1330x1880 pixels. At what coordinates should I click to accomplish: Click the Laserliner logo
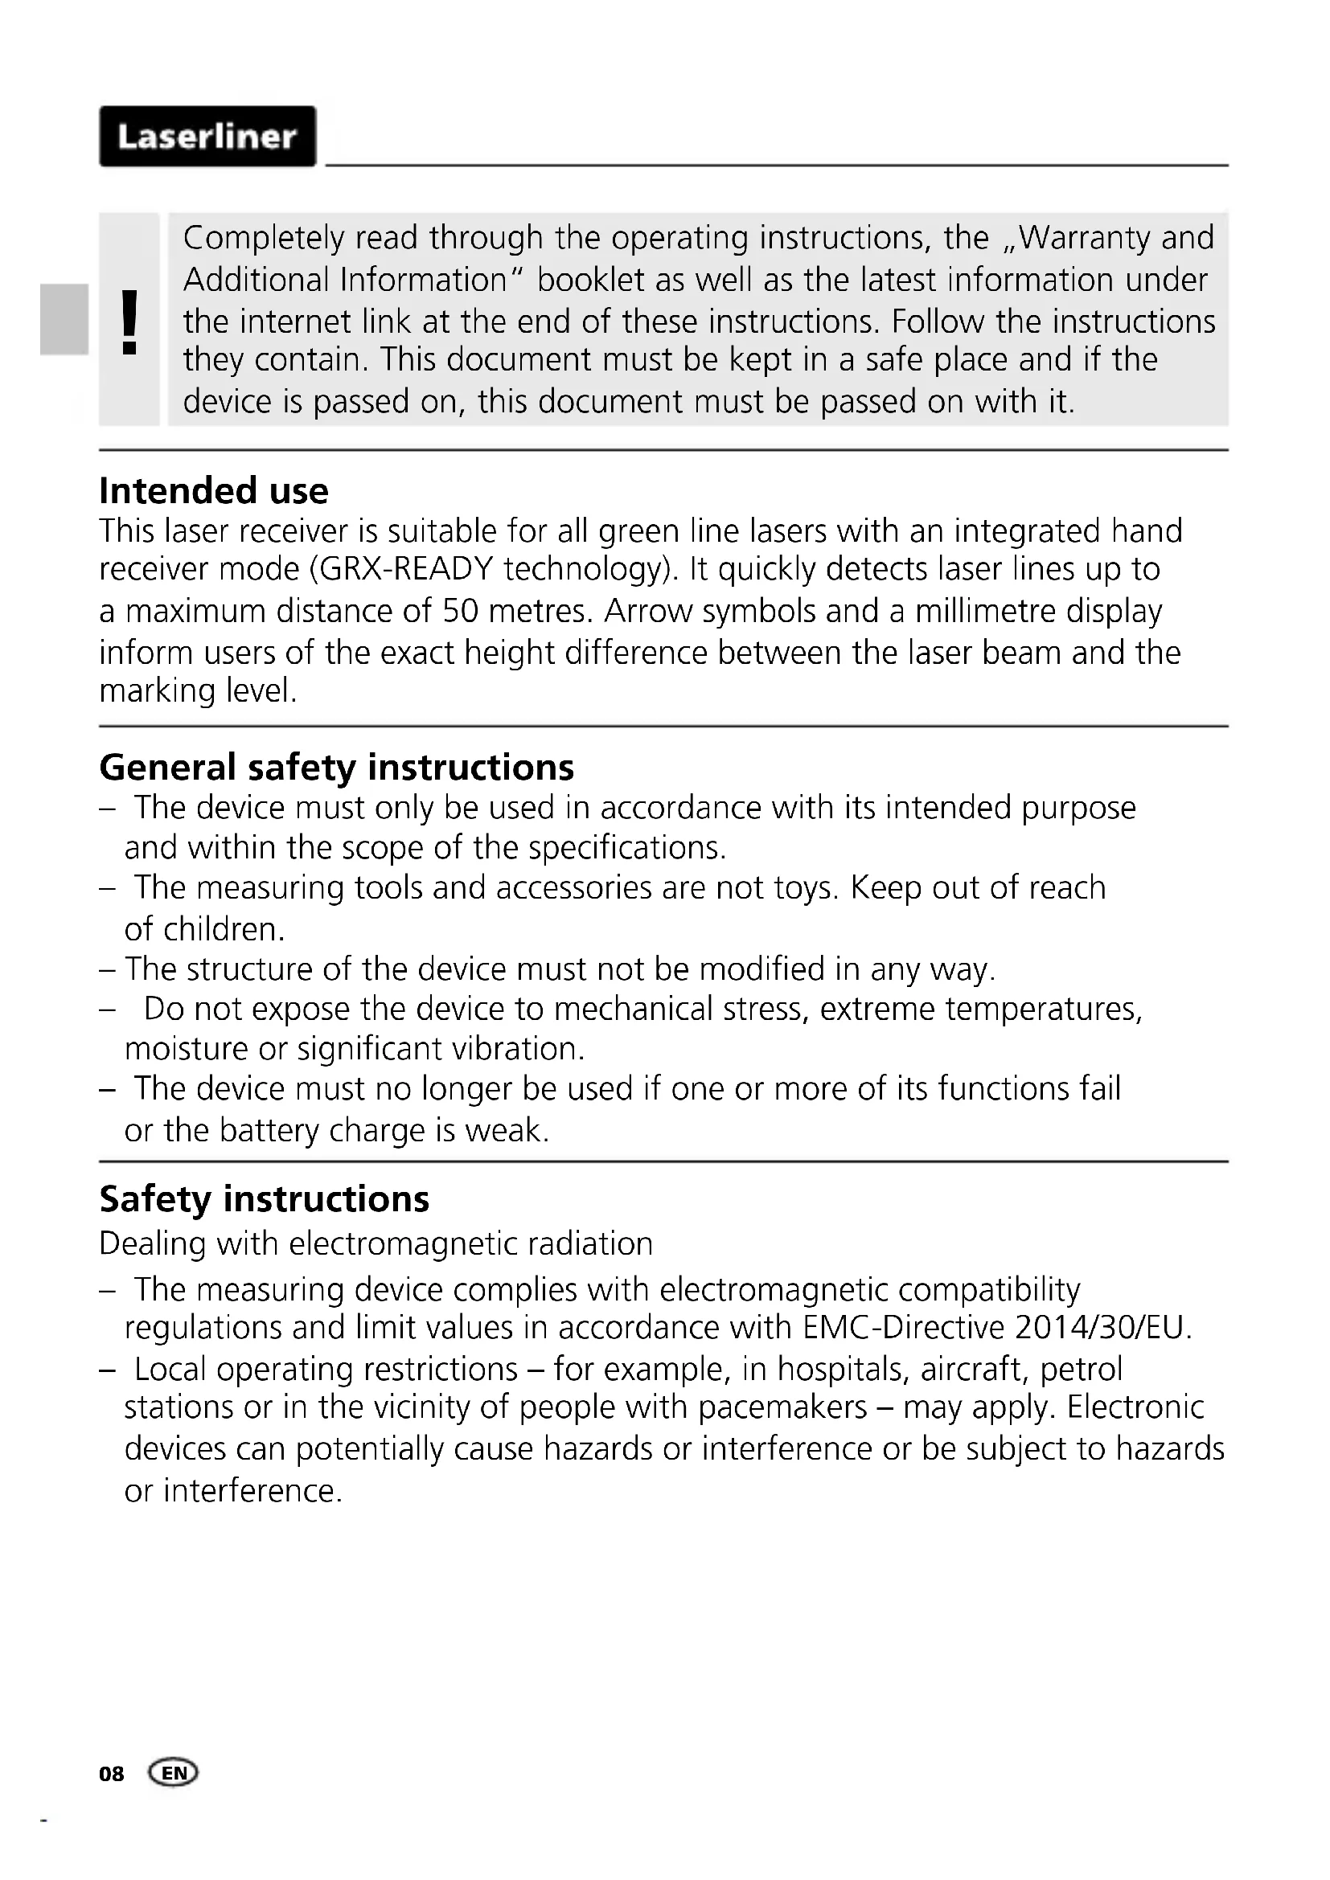click(207, 136)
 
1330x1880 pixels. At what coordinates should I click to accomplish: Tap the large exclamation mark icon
click(129, 322)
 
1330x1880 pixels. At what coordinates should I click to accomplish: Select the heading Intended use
click(214, 491)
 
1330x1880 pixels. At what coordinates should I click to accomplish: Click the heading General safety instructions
click(337, 768)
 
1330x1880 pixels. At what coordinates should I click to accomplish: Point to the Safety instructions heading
click(264, 1199)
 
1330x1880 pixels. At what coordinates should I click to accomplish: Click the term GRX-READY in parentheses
click(406, 569)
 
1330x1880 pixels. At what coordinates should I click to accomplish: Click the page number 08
click(112, 1774)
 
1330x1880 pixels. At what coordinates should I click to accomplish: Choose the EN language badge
click(174, 1774)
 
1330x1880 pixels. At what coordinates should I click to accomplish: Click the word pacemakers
click(783, 1407)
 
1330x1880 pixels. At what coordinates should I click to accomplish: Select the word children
click(224, 929)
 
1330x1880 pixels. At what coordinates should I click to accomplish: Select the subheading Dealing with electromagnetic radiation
click(376, 1243)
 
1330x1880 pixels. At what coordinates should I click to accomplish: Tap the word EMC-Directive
click(904, 1327)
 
